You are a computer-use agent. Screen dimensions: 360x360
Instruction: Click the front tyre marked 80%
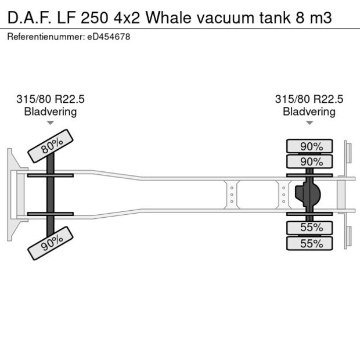click(51, 146)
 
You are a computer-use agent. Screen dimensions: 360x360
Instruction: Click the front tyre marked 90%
click(51, 243)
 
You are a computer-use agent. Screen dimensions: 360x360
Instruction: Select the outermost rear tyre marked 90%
click(309, 146)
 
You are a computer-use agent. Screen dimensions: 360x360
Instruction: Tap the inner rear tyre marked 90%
click(309, 161)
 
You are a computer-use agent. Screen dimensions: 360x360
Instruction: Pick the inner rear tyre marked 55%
click(309, 228)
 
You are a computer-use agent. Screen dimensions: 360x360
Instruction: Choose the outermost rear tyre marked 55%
click(309, 243)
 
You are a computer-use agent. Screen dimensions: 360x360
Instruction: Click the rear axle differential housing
click(308, 195)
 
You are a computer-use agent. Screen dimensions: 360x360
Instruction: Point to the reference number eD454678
click(109, 37)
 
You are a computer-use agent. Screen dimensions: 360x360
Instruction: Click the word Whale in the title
click(168, 17)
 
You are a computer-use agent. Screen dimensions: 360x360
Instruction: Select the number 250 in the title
click(94, 18)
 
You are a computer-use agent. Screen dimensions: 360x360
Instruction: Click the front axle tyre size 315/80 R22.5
click(51, 99)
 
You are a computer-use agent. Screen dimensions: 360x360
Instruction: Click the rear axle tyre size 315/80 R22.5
click(309, 99)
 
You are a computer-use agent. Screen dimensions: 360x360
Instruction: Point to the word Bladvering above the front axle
click(51, 112)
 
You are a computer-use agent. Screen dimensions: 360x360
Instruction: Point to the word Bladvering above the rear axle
click(309, 112)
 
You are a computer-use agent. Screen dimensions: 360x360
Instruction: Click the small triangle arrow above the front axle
click(51, 123)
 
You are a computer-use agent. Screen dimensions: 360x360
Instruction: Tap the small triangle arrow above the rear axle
click(309, 123)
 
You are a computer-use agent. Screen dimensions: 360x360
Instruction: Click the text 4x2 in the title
click(127, 18)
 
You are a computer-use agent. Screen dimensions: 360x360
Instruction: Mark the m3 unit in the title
click(321, 19)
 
